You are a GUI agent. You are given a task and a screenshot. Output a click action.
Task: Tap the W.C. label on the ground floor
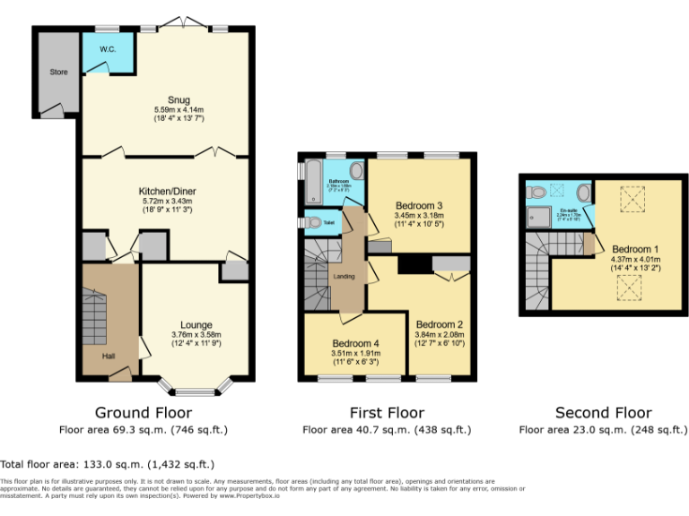pos(108,48)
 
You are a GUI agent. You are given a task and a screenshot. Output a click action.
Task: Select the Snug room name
pos(166,99)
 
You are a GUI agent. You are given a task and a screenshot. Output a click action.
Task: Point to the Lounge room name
pos(196,324)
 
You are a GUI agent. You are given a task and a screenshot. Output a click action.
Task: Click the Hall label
pos(108,357)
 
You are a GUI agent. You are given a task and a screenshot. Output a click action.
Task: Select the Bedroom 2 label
pos(440,324)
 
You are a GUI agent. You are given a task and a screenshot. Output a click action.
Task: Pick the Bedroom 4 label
pos(355,344)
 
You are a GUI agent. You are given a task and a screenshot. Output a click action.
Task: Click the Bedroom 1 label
pos(635,248)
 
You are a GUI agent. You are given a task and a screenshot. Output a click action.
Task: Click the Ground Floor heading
pos(144,413)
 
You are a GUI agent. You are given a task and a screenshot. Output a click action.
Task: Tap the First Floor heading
pos(387,413)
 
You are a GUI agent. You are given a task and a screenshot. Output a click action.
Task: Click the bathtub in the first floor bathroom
pos(317,182)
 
